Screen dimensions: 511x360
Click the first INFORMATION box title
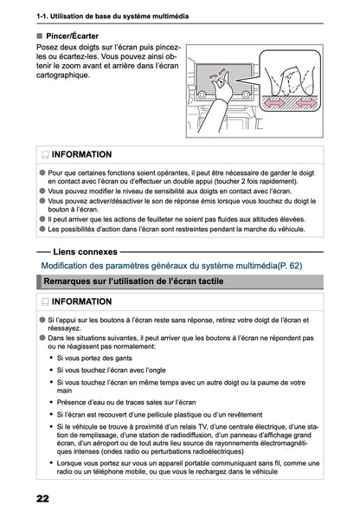(x=81, y=154)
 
